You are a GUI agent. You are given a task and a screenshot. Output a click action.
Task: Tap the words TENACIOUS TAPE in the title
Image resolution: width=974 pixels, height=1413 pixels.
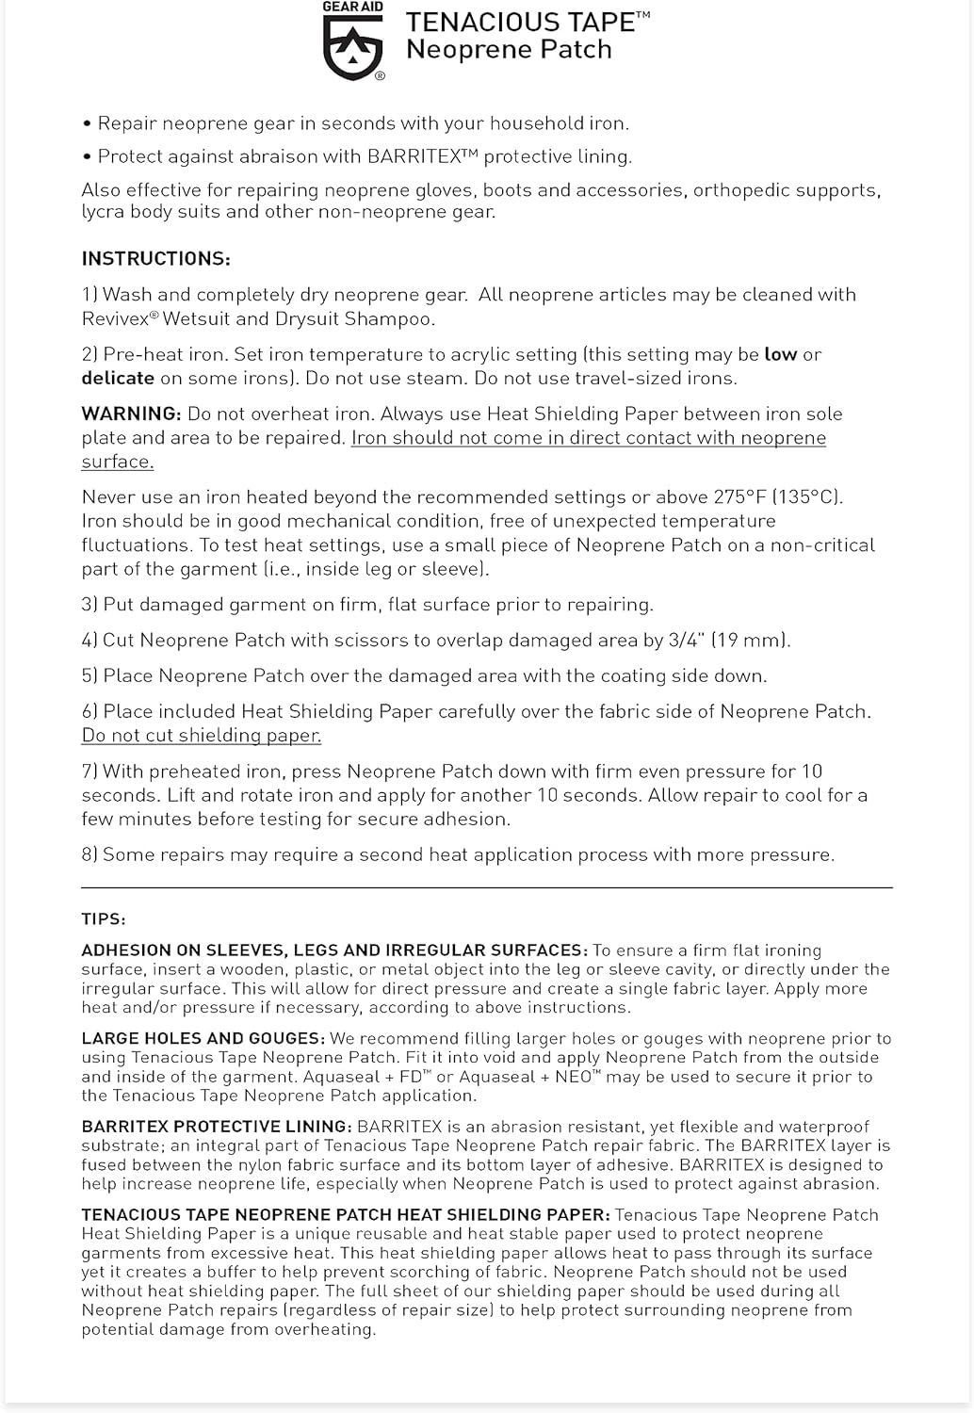[x=521, y=23]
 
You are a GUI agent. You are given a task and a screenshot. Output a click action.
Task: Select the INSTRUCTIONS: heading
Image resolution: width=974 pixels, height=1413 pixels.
[x=155, y=259]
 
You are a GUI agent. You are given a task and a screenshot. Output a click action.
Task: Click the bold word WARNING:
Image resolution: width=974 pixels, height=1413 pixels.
[x=131, y=414]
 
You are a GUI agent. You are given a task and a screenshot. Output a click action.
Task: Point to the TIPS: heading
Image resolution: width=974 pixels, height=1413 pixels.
[x=104, y=919]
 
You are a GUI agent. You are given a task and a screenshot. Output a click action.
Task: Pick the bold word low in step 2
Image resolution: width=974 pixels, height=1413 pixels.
[x=780, y=355]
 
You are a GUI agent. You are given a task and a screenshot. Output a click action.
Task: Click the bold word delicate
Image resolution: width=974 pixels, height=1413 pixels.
[x=118, y=379]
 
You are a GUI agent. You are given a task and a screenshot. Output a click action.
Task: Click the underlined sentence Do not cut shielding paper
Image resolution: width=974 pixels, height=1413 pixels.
[x=202, y=736]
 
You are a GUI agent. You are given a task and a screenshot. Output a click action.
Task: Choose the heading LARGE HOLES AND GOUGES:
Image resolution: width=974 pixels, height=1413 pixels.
[x=203, y=1039]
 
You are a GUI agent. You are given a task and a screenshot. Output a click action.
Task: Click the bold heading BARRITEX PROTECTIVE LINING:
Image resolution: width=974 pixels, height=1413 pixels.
[x=217, y=1127]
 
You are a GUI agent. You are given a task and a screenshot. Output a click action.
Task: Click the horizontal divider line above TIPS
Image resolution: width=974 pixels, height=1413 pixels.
[x=486, y=887]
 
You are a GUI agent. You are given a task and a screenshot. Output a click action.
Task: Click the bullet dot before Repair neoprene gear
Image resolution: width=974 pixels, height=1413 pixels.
[x=88, y=124]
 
